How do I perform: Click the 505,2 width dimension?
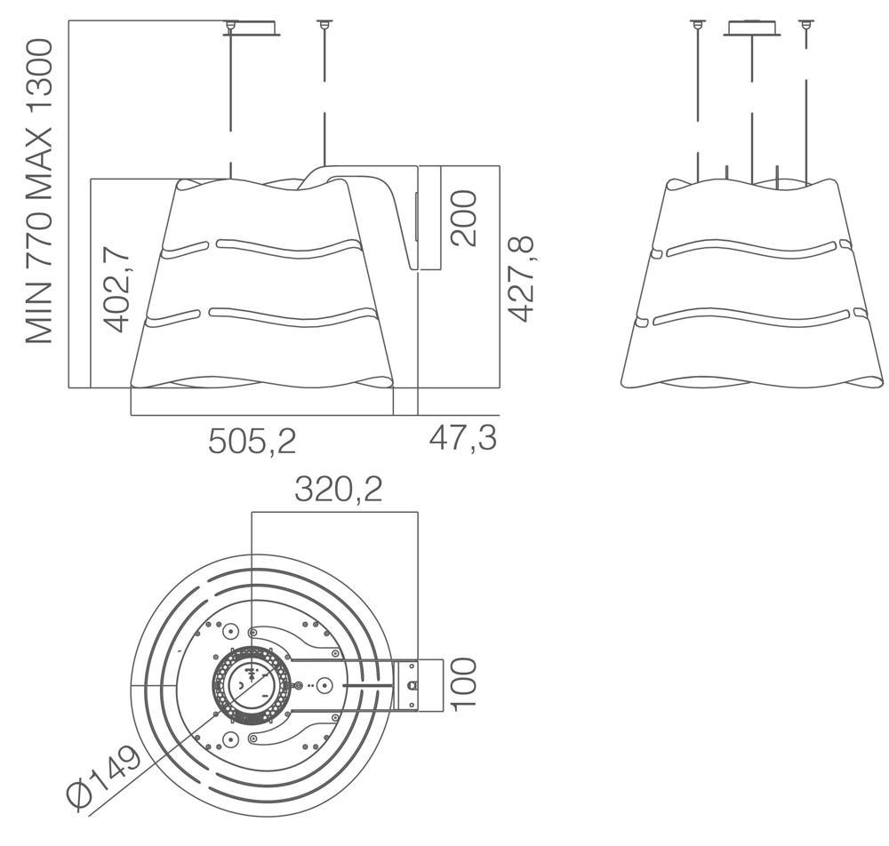pos(252,440)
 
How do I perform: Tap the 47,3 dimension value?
pos(462,437)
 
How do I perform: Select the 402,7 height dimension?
pos(118,289)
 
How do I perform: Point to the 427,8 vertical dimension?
pos(520,278)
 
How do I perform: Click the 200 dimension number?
pos(463,218)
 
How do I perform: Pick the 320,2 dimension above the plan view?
pos(339,490)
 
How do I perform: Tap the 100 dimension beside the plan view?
pos(462,682)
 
